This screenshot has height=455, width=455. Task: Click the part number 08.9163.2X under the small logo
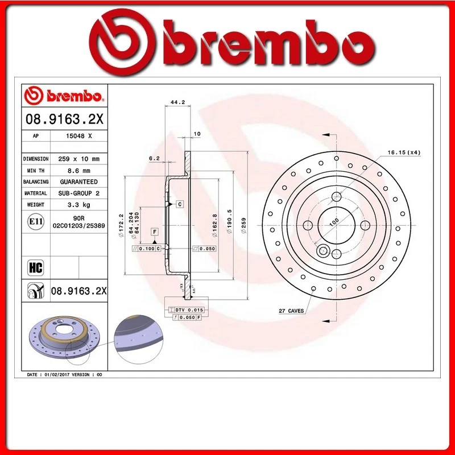[x=63, y=120]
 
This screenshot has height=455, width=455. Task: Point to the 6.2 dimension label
[x=154, y=159]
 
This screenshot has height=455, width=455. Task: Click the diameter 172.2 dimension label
[x=121, y=223]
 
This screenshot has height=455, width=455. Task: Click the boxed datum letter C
[x=179, y=204]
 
